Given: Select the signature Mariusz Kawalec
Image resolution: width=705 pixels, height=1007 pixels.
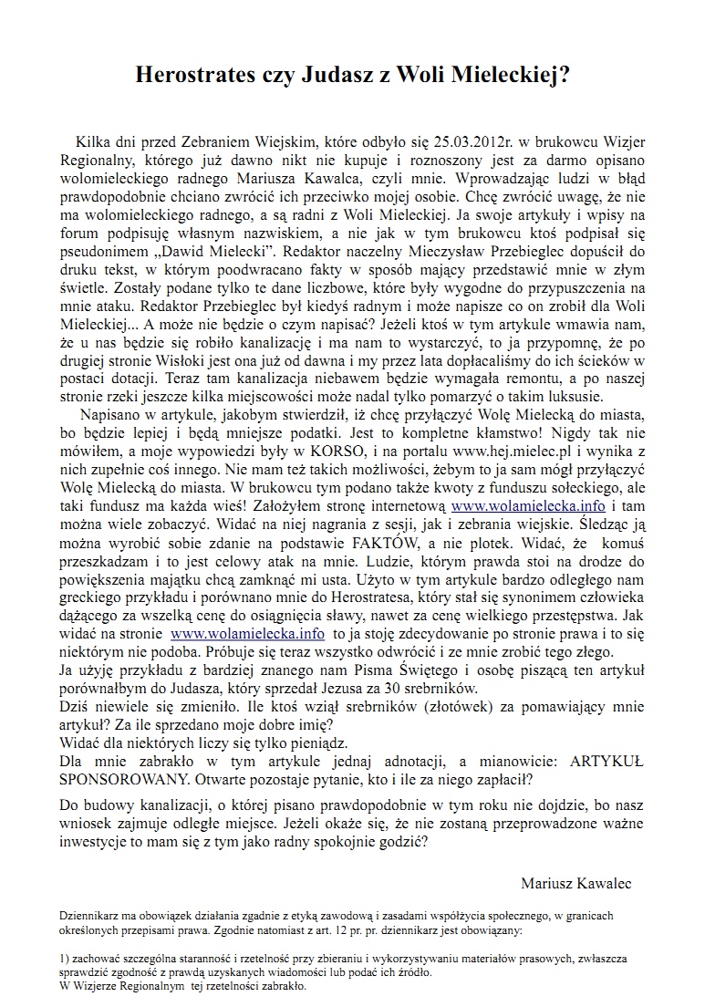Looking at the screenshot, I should click(x=575, y=883).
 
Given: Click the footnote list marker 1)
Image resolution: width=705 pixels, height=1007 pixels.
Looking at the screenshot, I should click(x=64, y=960).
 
